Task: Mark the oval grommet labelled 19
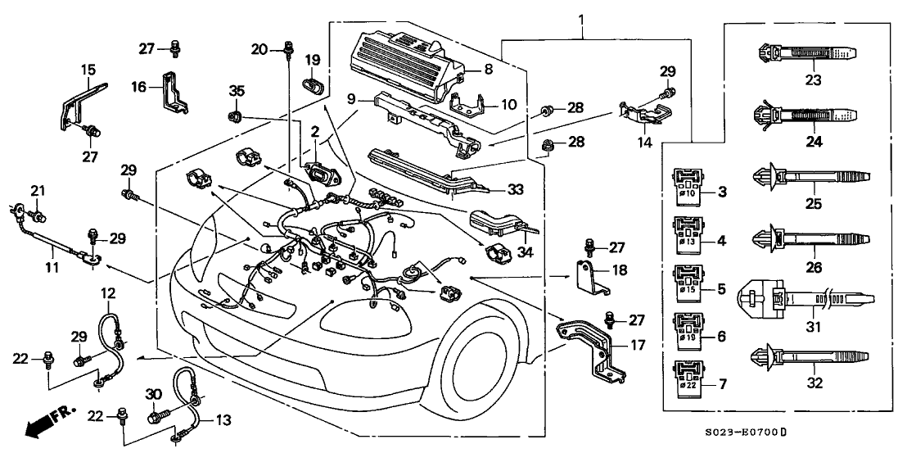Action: [x=314, y=84]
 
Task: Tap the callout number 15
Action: [x=88, y=71]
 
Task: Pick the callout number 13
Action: [x=223, y=422]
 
